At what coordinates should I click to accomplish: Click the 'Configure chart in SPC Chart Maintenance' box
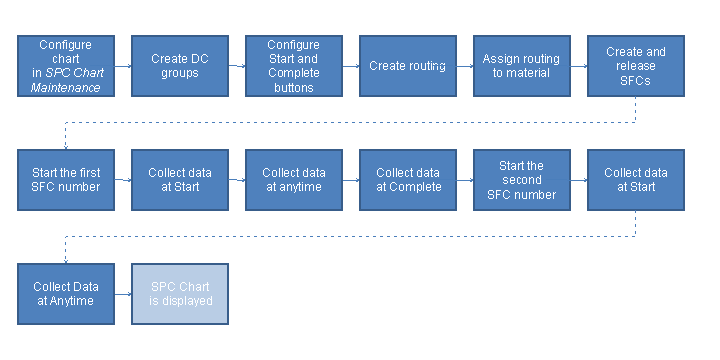66,66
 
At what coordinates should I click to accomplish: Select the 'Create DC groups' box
181,66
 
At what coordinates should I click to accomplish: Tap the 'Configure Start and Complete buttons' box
295,66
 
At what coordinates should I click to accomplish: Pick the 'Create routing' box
408,66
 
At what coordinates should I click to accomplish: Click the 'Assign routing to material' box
522,66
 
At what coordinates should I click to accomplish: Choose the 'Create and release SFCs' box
636,66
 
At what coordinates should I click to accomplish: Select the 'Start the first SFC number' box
66,180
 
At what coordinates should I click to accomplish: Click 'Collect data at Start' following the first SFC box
181,180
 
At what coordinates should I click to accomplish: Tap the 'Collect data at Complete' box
408,180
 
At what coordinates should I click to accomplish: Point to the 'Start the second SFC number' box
522,180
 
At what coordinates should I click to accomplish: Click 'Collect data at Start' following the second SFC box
636,180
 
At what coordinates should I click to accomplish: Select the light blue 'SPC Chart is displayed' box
181,294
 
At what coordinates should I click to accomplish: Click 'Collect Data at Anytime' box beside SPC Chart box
66,294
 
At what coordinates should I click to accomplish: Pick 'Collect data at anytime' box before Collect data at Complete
295,180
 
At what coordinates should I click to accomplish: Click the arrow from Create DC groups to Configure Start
237,67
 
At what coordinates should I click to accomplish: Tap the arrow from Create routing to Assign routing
465,67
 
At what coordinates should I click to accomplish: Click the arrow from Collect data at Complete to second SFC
465,181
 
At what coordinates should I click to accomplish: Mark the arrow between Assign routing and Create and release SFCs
579,67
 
